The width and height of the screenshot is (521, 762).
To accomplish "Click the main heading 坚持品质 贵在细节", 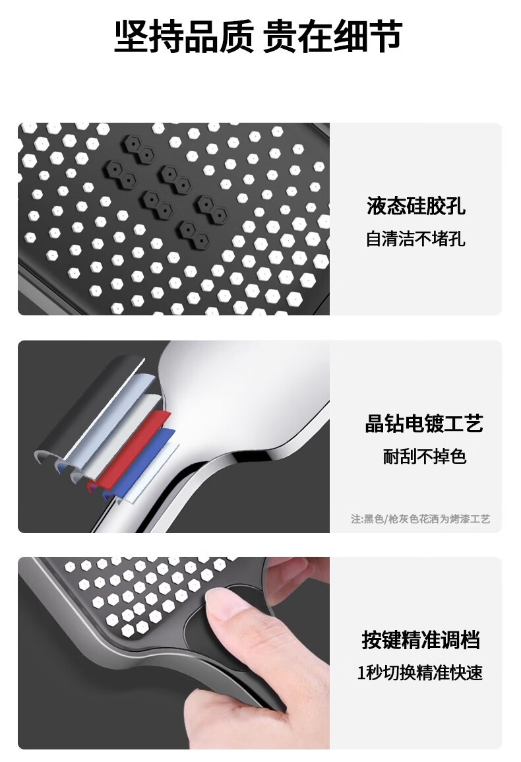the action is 258,36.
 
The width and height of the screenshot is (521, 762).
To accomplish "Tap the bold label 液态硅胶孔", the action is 416,206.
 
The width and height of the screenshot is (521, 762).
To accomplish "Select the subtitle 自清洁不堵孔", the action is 415,239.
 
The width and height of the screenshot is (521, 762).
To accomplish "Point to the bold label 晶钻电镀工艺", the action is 424,424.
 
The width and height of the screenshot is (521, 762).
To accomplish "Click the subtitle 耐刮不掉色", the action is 424,457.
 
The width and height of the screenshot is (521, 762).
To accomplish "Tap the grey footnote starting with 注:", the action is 420,519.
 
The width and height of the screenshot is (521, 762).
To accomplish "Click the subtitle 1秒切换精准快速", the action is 420,672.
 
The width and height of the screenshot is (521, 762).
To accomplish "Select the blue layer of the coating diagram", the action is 141,464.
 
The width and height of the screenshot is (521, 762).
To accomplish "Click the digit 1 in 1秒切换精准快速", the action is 361,673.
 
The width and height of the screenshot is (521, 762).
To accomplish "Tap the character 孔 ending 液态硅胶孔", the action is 456,206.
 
